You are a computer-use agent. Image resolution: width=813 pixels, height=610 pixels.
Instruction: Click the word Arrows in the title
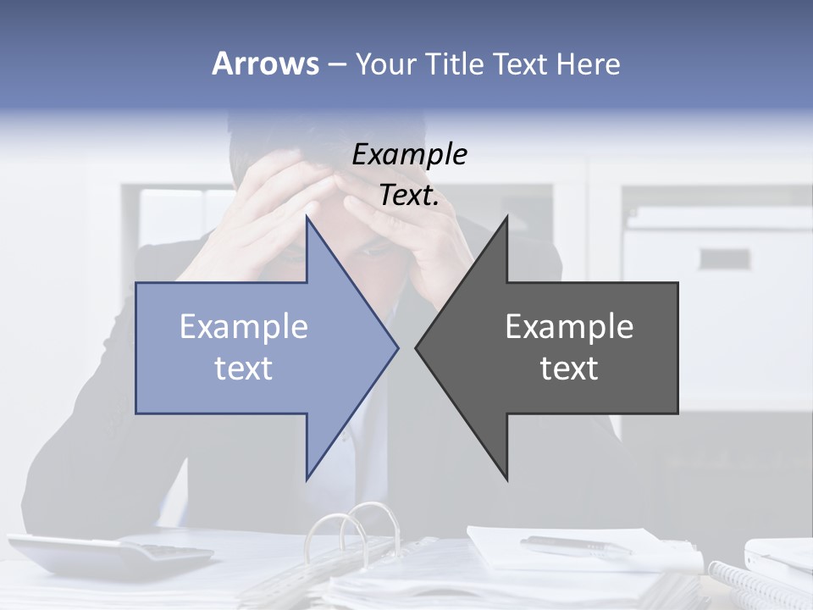point(265,64)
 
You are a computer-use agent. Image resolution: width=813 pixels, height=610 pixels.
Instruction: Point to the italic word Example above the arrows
point(409,154)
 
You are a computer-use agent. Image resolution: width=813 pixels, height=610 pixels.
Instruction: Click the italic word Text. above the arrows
point(409,196)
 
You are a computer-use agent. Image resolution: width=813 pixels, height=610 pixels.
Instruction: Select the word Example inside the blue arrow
point(244,326)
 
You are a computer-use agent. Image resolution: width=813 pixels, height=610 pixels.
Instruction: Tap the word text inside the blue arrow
point(244,368)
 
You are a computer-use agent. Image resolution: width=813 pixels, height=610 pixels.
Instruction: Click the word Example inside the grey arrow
point(569,326)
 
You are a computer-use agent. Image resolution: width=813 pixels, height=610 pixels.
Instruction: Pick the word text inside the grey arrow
point(569,368)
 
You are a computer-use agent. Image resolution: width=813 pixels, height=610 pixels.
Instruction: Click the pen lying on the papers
point(576,546)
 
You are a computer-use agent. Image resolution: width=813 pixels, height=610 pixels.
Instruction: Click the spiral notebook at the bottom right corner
point(758,585)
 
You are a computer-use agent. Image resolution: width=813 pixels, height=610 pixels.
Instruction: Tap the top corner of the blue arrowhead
point(307,219)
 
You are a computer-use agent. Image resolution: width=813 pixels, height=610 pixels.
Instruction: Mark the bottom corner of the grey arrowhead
point(506,479)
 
